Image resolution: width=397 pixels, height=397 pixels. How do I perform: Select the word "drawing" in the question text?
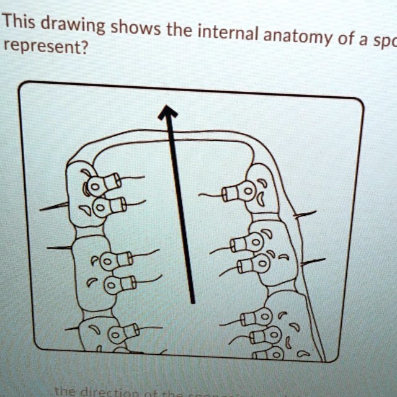pos(74,27)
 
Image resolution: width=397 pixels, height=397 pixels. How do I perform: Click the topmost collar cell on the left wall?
pos(103,184)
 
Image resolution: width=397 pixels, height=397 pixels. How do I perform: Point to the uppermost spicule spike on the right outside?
pos(305,215)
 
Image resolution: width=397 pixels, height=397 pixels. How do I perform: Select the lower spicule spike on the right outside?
pos(312,263)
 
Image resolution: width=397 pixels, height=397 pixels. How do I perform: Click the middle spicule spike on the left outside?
pos(59,248)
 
